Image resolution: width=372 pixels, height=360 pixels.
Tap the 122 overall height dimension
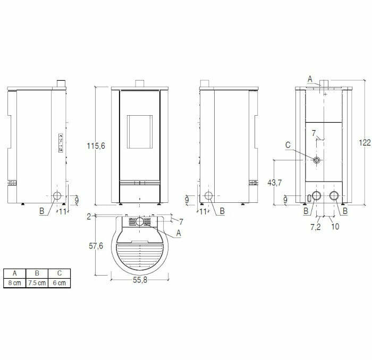pos(365,142)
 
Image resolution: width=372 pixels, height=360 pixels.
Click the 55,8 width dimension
pos(140,280)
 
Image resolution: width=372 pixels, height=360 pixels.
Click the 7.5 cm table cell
pos(37,283)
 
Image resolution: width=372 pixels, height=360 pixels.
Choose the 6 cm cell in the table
pos(59,283)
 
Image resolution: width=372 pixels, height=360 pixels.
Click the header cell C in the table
pos(59,273)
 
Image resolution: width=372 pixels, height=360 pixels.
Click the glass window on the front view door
pos(140,127)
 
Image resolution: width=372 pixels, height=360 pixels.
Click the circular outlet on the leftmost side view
pos(57,195)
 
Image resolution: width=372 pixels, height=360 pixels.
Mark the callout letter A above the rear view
pos(310,79)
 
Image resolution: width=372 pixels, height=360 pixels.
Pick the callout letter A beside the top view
pos(179,232)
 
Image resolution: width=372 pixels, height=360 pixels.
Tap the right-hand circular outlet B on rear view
pos(335,195)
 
